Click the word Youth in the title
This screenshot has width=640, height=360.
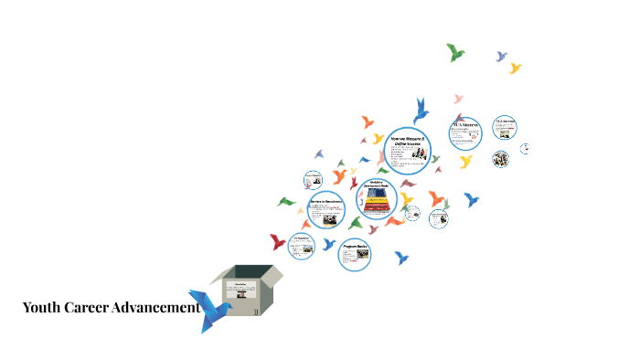coord(41,308)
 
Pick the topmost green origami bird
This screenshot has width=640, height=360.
coord(454,52)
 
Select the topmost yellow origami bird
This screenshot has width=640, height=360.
coord(515,68)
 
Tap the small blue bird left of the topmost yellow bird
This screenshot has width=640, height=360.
coord(501,57)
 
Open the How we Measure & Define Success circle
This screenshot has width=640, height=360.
coord(407,150)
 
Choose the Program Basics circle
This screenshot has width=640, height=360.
coord(355,254)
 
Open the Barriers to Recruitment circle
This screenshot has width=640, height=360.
coord(325,210)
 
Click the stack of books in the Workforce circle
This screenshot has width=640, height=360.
coord(375,206)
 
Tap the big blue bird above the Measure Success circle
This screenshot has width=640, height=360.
coord(421,110)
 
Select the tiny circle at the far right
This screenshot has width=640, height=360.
coord(526,148)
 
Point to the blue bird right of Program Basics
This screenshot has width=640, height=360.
coord(400,258)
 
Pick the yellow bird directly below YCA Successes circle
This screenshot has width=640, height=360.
coord(465,162)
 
